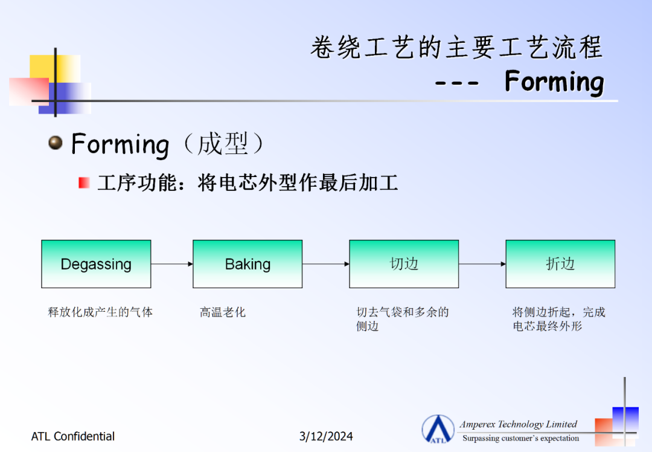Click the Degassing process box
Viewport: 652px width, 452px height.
[x=96, y=264]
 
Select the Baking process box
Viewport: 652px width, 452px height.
[x=248, y=264]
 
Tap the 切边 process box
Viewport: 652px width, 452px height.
[x=404, y=264]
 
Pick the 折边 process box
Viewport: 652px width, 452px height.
[x=560, y=264]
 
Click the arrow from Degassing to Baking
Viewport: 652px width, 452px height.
[x=171, y=264]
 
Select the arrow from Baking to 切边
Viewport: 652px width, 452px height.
[x=325, y=264]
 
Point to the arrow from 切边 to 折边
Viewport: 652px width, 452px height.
[x=482, y=264]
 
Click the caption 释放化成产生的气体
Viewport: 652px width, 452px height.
[x=100, y=312]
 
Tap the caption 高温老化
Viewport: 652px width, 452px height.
[x=222, y=312]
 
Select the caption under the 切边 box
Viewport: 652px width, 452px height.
[x=403, y=319]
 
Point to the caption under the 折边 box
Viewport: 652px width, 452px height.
[x=559, y=319]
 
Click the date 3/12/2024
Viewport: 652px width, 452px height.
[x=326, y=436]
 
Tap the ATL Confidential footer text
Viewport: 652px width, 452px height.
[x=73, y=436]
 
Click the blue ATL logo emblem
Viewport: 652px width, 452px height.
[x=438, y=429]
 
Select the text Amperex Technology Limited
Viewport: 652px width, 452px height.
[x=518, y=424]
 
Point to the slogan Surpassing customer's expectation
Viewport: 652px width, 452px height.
[x=520, y=438]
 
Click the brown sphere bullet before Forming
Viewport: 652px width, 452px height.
[x=56, y=143]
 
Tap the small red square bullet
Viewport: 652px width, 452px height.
[x=84, y=182]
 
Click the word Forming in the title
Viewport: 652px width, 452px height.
[x=554, y=82]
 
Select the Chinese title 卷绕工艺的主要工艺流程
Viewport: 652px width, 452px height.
[x=456, y=47]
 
